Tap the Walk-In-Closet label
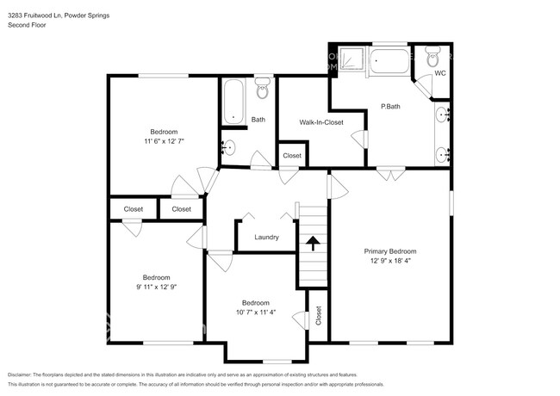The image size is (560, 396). click(321, 122)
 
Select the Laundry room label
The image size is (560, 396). click(266, 237)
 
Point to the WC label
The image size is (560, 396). click(439, 73)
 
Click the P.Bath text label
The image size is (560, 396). click(390, 107)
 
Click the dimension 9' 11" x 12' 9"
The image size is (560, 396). click(156, 286)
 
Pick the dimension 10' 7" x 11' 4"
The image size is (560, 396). click(255, 312)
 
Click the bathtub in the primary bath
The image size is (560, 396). click(392, 60)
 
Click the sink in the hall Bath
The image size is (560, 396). click(229, 147)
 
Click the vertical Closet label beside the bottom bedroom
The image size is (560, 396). click(318, 317)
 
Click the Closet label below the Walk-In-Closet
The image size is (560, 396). click(292, 156)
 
